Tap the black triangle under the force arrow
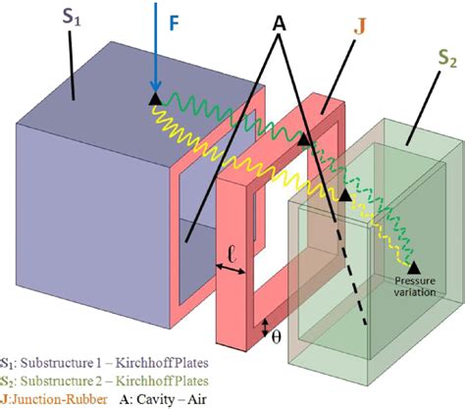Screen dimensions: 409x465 (154, 98)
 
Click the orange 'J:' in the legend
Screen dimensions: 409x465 (7, 398)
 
